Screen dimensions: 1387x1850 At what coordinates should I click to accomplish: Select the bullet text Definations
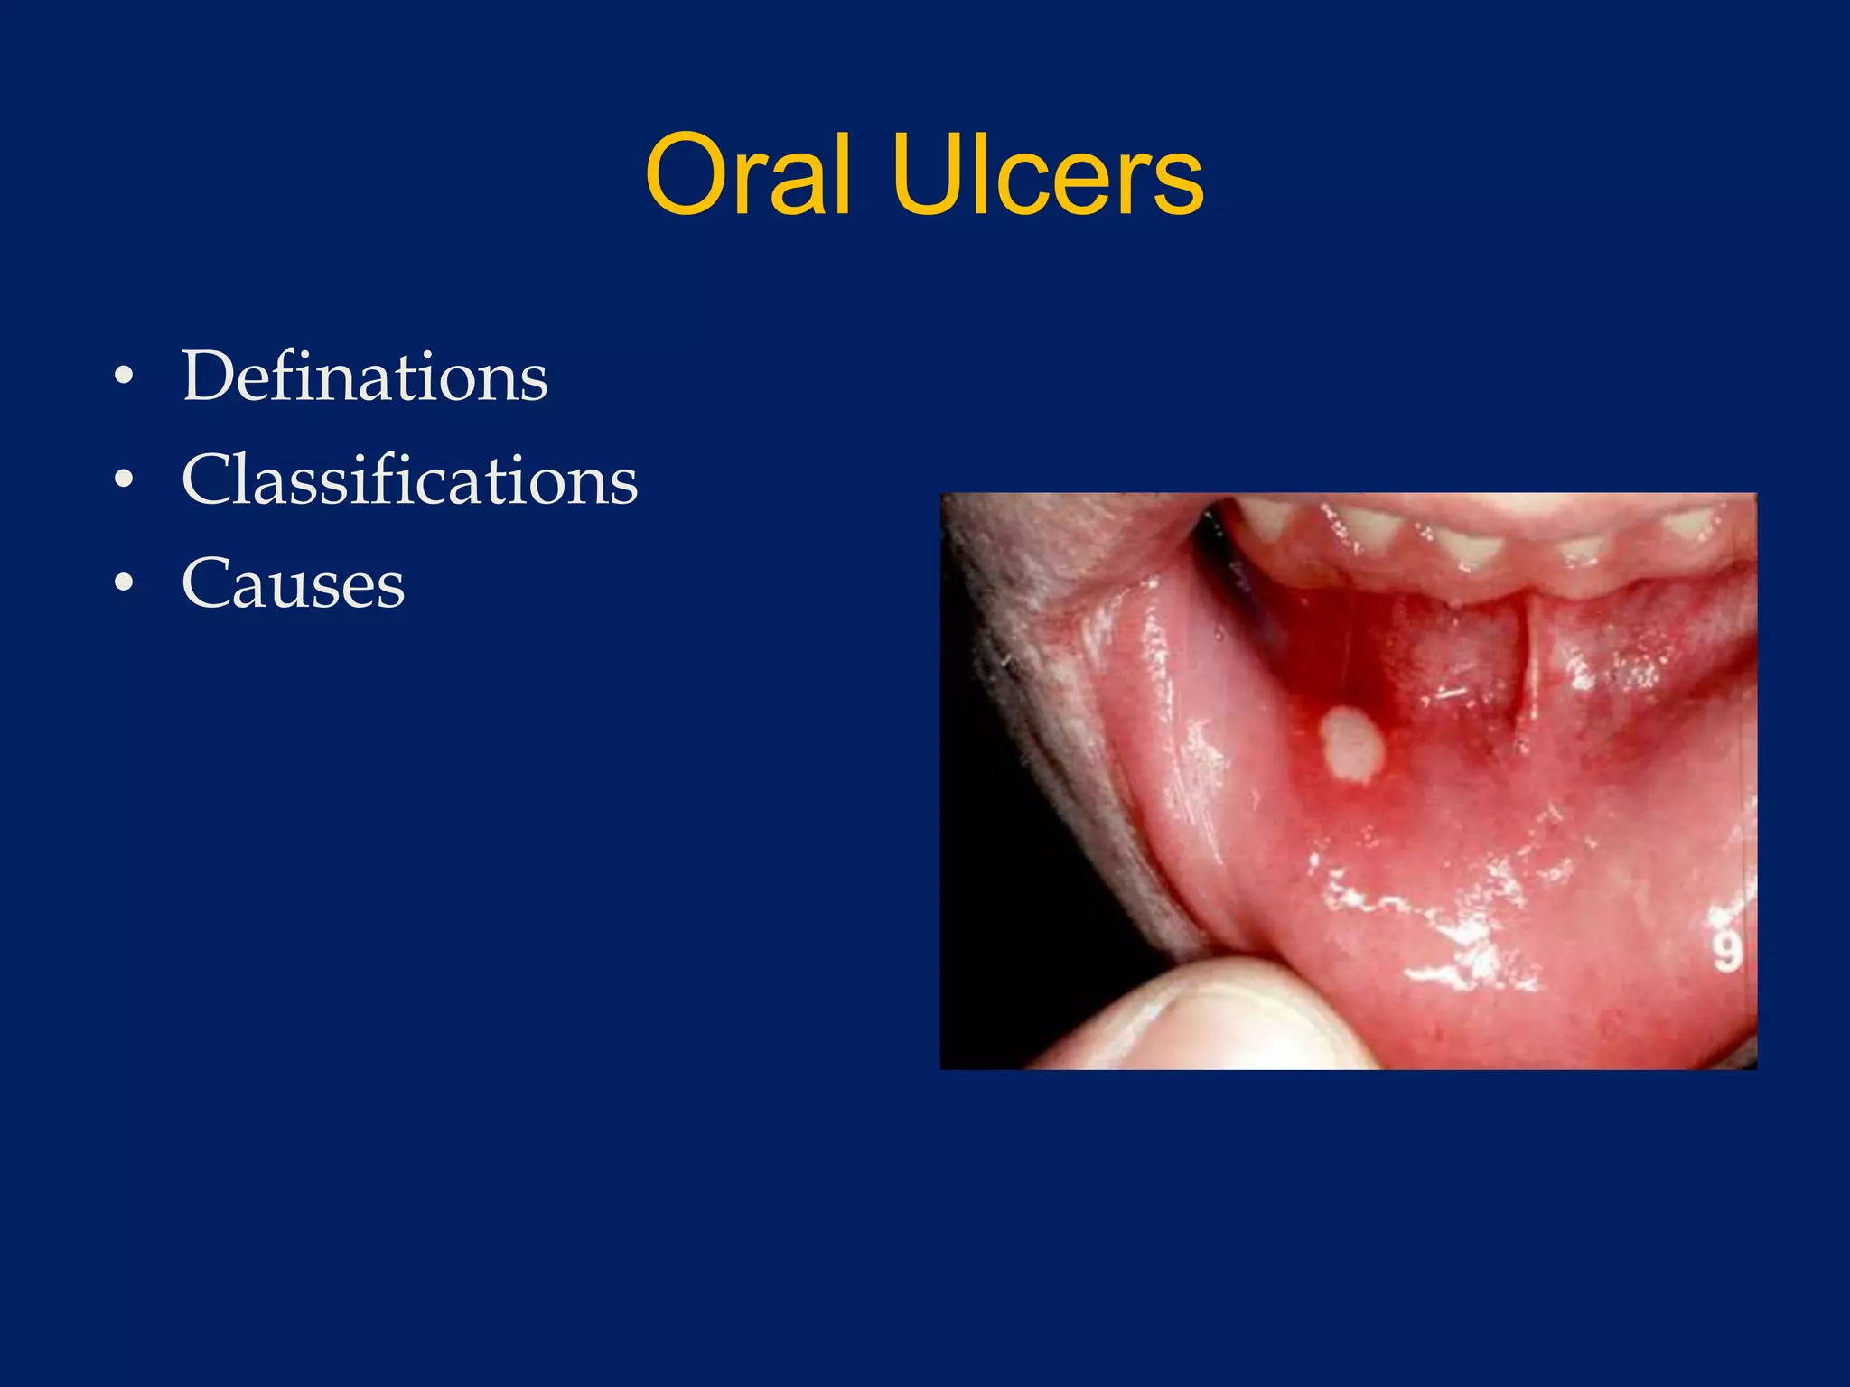[x=365, y=377]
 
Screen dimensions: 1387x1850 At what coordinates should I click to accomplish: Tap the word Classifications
[x=409, y=479]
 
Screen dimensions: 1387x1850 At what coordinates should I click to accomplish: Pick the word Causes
[x=293, y=583]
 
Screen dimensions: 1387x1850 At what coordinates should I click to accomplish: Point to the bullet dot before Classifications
[x=124, y=479]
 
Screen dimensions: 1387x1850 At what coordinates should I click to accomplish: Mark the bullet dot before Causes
[x=124, y=583]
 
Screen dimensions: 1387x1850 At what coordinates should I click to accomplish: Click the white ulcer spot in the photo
[x=1352, y=745]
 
